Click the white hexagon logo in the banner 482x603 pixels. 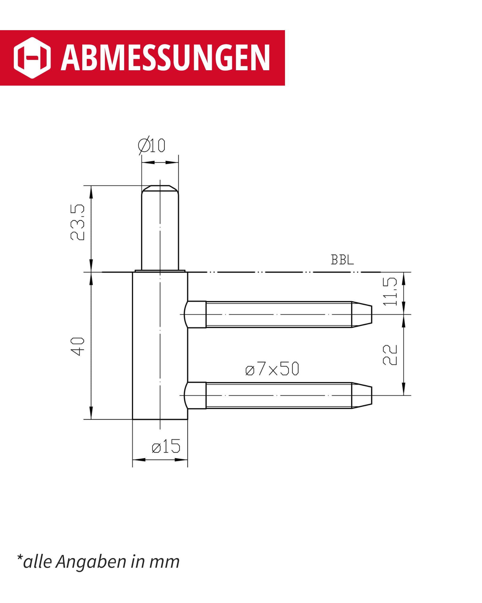click(32, 58)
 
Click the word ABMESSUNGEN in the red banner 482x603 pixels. click(165, 58)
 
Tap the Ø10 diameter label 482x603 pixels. click(152, 146)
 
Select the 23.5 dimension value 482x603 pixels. click(77, 222)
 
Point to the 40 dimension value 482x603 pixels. click(77, 347)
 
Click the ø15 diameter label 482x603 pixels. click(166, 447)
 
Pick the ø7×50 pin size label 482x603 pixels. click(272, 368)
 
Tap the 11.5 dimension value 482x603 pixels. click(390, 292)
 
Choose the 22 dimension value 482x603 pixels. click(390, 355)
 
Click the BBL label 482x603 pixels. click(342, 260)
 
